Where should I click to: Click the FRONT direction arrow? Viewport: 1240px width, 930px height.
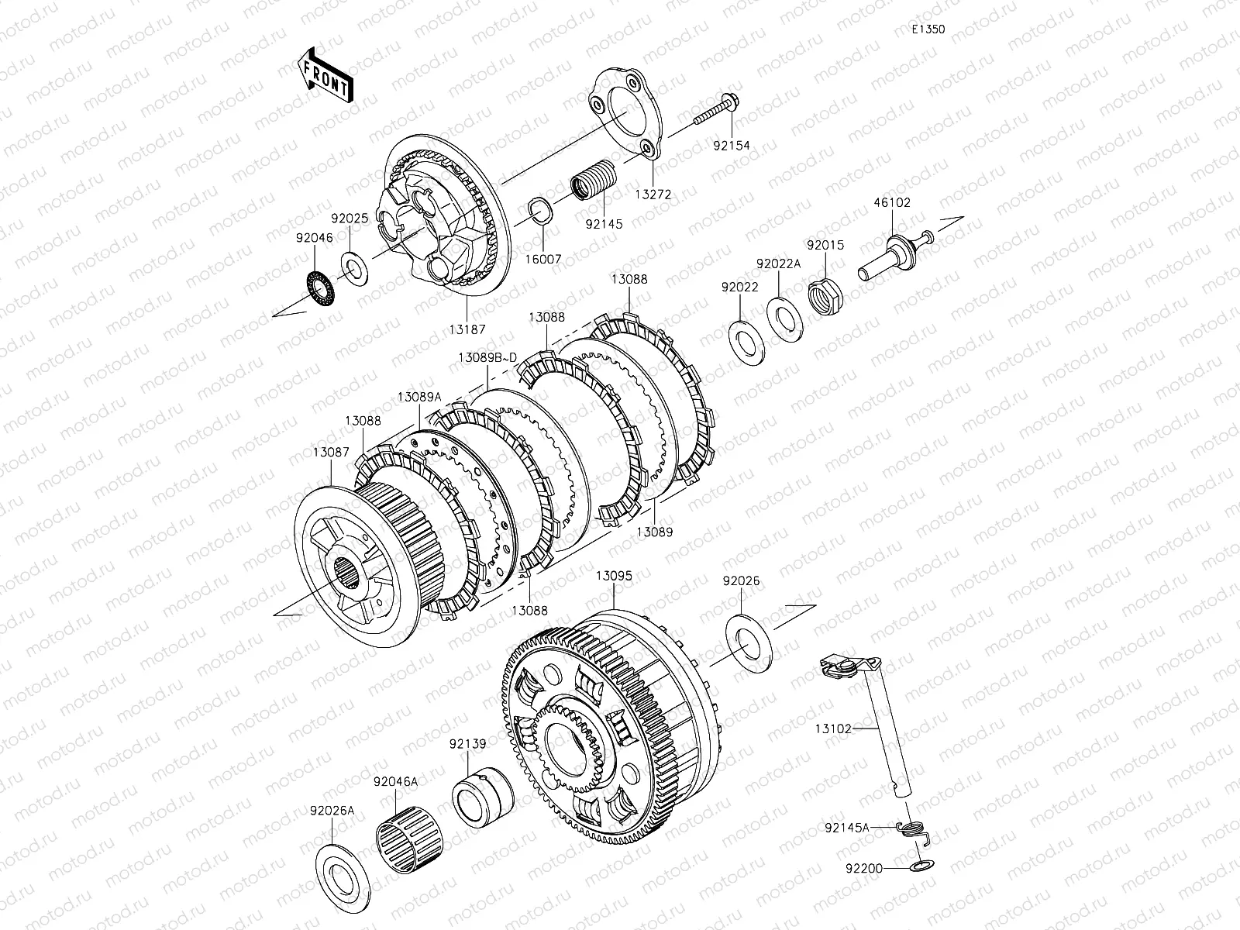point(325,74)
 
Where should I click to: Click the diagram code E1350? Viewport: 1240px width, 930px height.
point(928,29)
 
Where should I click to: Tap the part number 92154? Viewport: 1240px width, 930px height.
point(732,146)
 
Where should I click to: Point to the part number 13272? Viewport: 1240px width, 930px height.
point(653,195)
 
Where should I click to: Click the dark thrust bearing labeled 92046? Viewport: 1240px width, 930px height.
point(321,288)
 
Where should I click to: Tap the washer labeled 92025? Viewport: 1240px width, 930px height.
point(354,269)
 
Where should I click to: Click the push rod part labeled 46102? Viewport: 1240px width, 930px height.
point(895,255)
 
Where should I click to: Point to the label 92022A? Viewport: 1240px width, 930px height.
point(778,263)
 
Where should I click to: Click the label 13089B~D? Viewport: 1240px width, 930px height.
point(487,357)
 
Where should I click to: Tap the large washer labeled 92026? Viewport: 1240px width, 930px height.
point(749,644)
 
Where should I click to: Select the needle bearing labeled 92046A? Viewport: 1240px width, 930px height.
point(409,839)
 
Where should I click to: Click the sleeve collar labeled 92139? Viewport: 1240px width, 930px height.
point(483,797)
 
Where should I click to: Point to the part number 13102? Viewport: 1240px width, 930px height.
point(833,729)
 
